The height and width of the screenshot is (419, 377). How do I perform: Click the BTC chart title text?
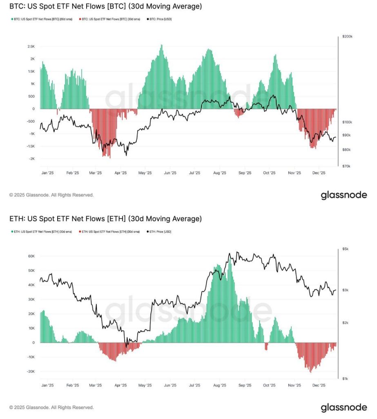(105, 7)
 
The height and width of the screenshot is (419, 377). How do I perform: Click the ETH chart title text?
(105, 219)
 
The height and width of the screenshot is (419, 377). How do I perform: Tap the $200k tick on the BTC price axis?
(347, 36)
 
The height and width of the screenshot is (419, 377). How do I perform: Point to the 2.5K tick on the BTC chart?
(31, 47)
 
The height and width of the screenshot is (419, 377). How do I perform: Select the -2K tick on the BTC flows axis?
(32, 159)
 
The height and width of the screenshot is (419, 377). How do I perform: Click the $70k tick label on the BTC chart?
(346, 166)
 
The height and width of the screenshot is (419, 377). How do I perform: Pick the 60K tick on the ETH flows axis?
(31, 256)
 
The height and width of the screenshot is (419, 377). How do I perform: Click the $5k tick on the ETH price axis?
(346, 249)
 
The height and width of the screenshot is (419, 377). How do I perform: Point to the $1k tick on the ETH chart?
(346, 378)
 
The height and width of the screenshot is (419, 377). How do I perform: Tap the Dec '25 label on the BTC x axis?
(319, 173)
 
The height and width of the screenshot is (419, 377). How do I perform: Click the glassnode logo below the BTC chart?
(344, 195)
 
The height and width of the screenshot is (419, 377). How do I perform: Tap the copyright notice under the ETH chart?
(51, 408)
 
